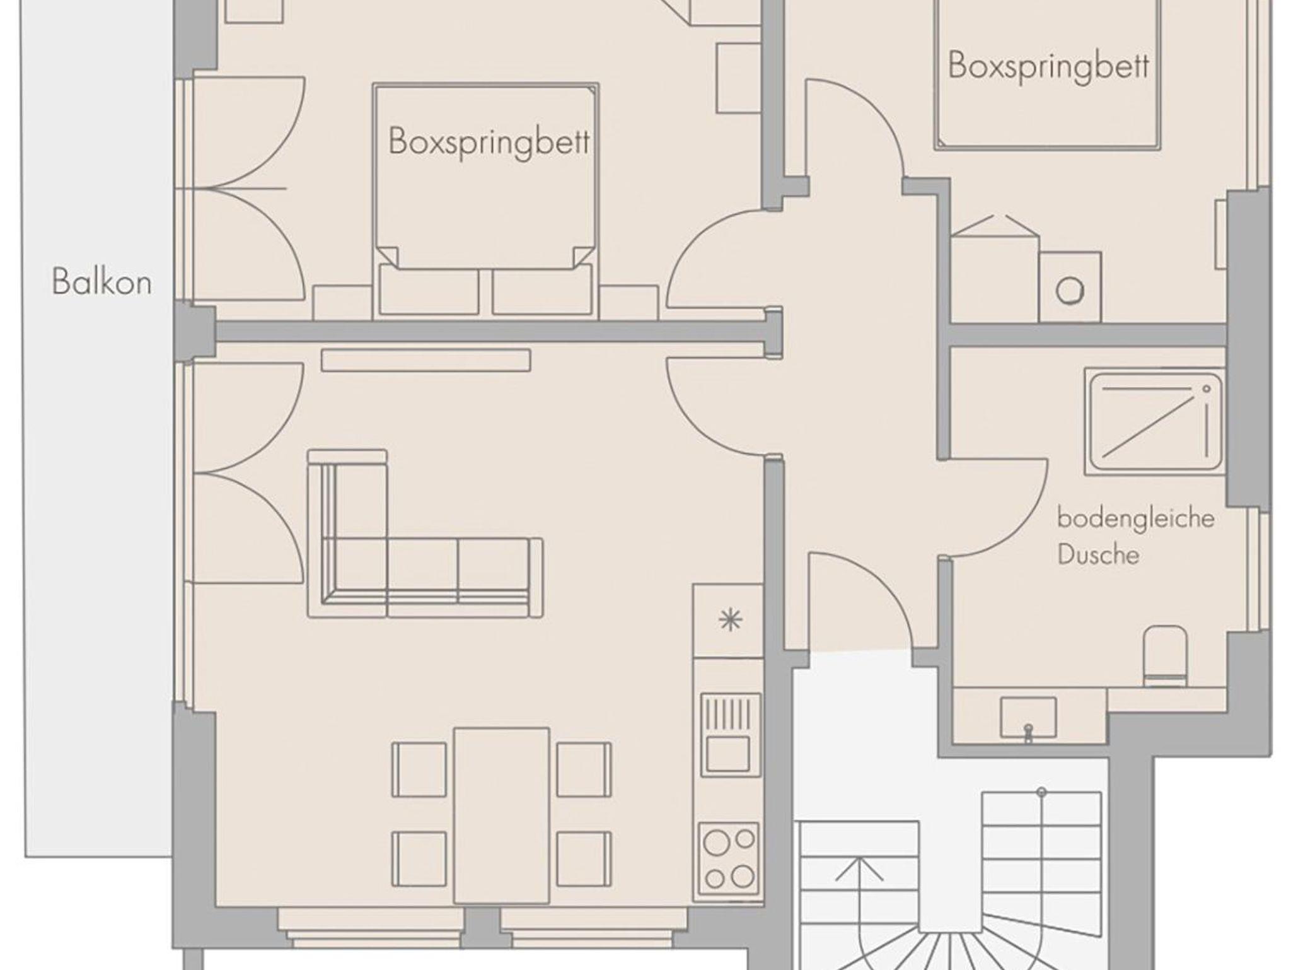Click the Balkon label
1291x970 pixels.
(x=102, y=282)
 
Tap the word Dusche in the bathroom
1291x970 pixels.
(x=1098, y=555)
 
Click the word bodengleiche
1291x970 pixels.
(x=1136, y=519)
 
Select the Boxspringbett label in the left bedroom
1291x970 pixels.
(x=489, y=141)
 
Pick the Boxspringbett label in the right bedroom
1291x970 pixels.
(x=1048, y=66)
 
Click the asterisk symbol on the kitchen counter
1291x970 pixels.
(x=730, y=620)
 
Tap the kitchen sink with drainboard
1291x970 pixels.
(x=729, y=733)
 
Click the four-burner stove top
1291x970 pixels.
(x=729, y=860)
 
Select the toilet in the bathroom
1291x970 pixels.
(x=1165, y=656)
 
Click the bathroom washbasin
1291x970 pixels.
(x=1028, y=718)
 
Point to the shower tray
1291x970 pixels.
(x=1154, y=421)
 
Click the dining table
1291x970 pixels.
(x=501, y=816)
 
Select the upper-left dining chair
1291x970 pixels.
(x=419, y=769)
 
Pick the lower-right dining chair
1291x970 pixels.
(x=583, y=859)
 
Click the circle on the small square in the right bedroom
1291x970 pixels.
(x=1070, y=291)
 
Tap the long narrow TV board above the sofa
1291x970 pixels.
(x=426, y=360)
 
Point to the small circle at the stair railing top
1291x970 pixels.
(x=1041, y=792)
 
